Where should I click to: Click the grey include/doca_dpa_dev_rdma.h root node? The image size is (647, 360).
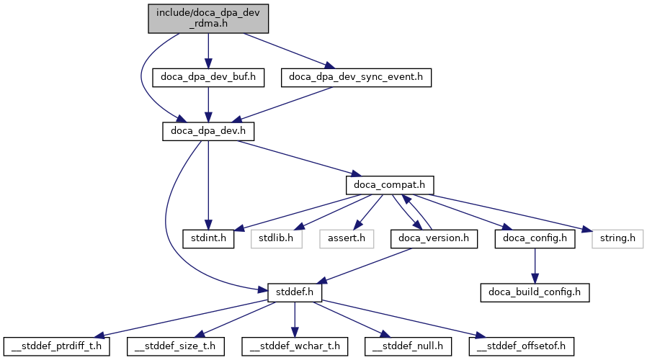pos(208,17)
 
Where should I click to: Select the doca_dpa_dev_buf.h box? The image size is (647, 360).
pos(208,76)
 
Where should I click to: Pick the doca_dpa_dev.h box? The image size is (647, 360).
pos(208,131)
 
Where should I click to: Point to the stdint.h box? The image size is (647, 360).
pos(208,238)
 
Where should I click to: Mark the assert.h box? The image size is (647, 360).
pos(347,238)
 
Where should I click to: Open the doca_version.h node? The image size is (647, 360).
pos(434,238)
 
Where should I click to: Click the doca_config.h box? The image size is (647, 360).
pos(535,238)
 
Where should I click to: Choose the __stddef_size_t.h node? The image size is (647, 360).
pos(176,346)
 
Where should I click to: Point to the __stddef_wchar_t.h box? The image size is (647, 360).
pos(295,346)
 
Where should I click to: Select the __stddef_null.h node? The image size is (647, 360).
pos(409,346)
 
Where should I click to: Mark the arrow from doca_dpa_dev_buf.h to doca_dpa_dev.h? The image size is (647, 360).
pos(208,104)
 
